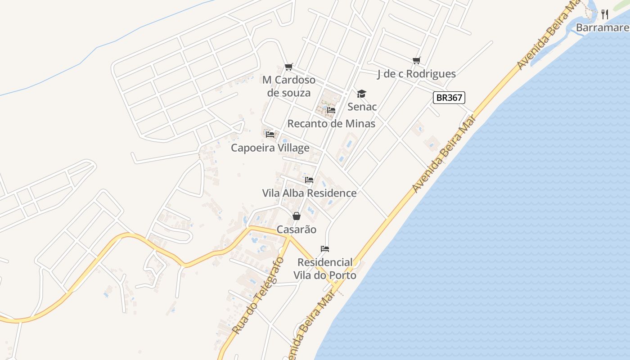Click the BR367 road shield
click(449, 98)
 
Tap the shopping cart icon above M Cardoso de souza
click(289, 67)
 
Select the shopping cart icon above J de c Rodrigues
click(417, 60)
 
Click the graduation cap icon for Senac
click(361, 94)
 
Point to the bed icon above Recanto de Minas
click(331, 110)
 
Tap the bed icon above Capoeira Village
click(270, 134)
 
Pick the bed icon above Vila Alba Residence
click(309, 180)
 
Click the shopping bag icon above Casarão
click(297, 216)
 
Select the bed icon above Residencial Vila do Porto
click(325, 249)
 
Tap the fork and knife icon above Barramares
click(605, 14)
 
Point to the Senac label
click(362, 107)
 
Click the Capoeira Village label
click(270, 148)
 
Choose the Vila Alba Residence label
click(309, 193)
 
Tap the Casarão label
click(296, 229)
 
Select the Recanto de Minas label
click(331, 124)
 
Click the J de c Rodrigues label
click(416, 74)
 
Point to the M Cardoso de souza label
click(289, 86)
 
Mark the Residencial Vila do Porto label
click(325, 269)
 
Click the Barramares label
click(603, 28)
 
